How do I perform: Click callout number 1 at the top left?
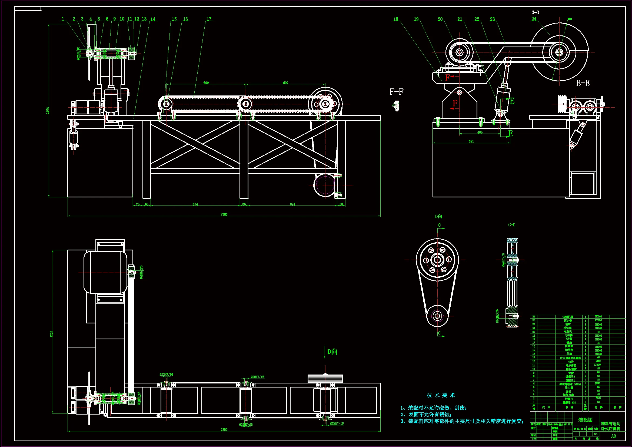63,19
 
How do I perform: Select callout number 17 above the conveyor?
209,19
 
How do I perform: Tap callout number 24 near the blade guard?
534,19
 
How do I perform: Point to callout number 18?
395,19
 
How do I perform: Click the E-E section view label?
583,83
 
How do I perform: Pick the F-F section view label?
396,92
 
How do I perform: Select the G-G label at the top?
535,13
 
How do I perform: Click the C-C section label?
511,225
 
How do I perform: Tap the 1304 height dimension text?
47,110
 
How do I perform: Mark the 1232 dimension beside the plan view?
51,334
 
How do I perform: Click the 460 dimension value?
480,133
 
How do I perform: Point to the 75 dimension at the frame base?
138,204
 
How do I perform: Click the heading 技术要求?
441,395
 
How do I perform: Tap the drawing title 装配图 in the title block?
585,420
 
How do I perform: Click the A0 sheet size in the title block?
613,436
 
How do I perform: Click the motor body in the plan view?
105,272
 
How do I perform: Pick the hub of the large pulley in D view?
437,260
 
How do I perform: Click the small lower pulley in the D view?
437,316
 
